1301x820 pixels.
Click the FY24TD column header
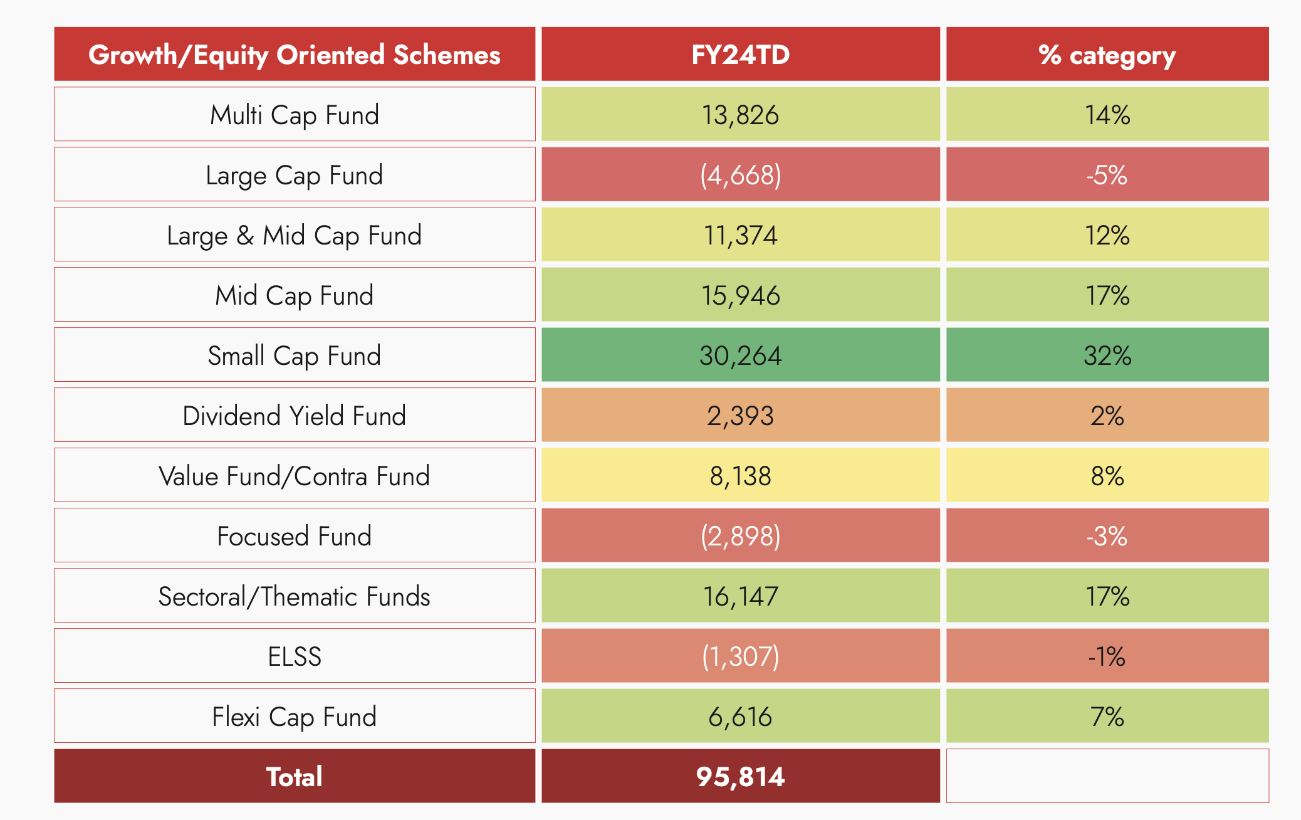740,55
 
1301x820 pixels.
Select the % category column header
1107,55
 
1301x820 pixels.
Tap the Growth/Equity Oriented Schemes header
295,55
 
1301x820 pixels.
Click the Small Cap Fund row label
295,355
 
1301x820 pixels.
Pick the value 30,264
740,355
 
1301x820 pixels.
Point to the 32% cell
1107,355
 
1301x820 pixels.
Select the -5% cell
1107,175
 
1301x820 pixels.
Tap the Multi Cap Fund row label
295,115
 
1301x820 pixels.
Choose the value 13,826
740,115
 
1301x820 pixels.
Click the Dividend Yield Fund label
295,416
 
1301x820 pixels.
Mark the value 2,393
740,416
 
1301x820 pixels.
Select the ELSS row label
295,656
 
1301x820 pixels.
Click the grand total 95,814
740,777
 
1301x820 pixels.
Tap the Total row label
295,777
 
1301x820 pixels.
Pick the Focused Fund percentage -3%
1107,536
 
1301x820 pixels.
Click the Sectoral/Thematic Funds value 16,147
740,596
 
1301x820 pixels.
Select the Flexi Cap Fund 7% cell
1107,717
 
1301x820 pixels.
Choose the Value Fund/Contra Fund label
295,476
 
